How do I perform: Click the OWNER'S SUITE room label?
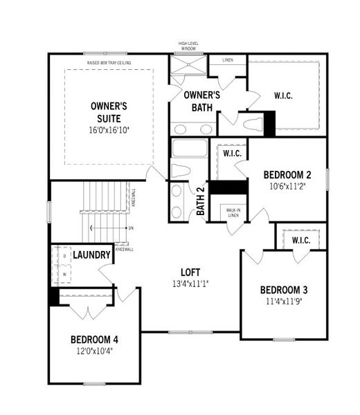(x=109, y=112)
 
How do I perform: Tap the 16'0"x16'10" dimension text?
(x=109, y=130)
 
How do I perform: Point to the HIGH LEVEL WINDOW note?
(x=188, y=46)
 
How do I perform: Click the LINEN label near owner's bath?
(x=228, y=60)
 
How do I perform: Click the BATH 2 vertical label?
(x=201, y=201)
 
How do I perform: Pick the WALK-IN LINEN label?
(x=233, y=214)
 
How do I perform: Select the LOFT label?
(x=190, y=272)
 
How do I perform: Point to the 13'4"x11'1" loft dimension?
(x=190, y=284)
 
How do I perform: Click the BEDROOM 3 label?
(x=284, y=289)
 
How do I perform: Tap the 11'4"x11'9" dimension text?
(x=284, y=301)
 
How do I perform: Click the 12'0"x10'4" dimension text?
(x=94, y=351)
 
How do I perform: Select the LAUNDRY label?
(x=92, y=255)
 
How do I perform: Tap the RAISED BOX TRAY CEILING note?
(x=109, y=63)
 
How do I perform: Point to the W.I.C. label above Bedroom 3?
(x=300, y=240)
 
